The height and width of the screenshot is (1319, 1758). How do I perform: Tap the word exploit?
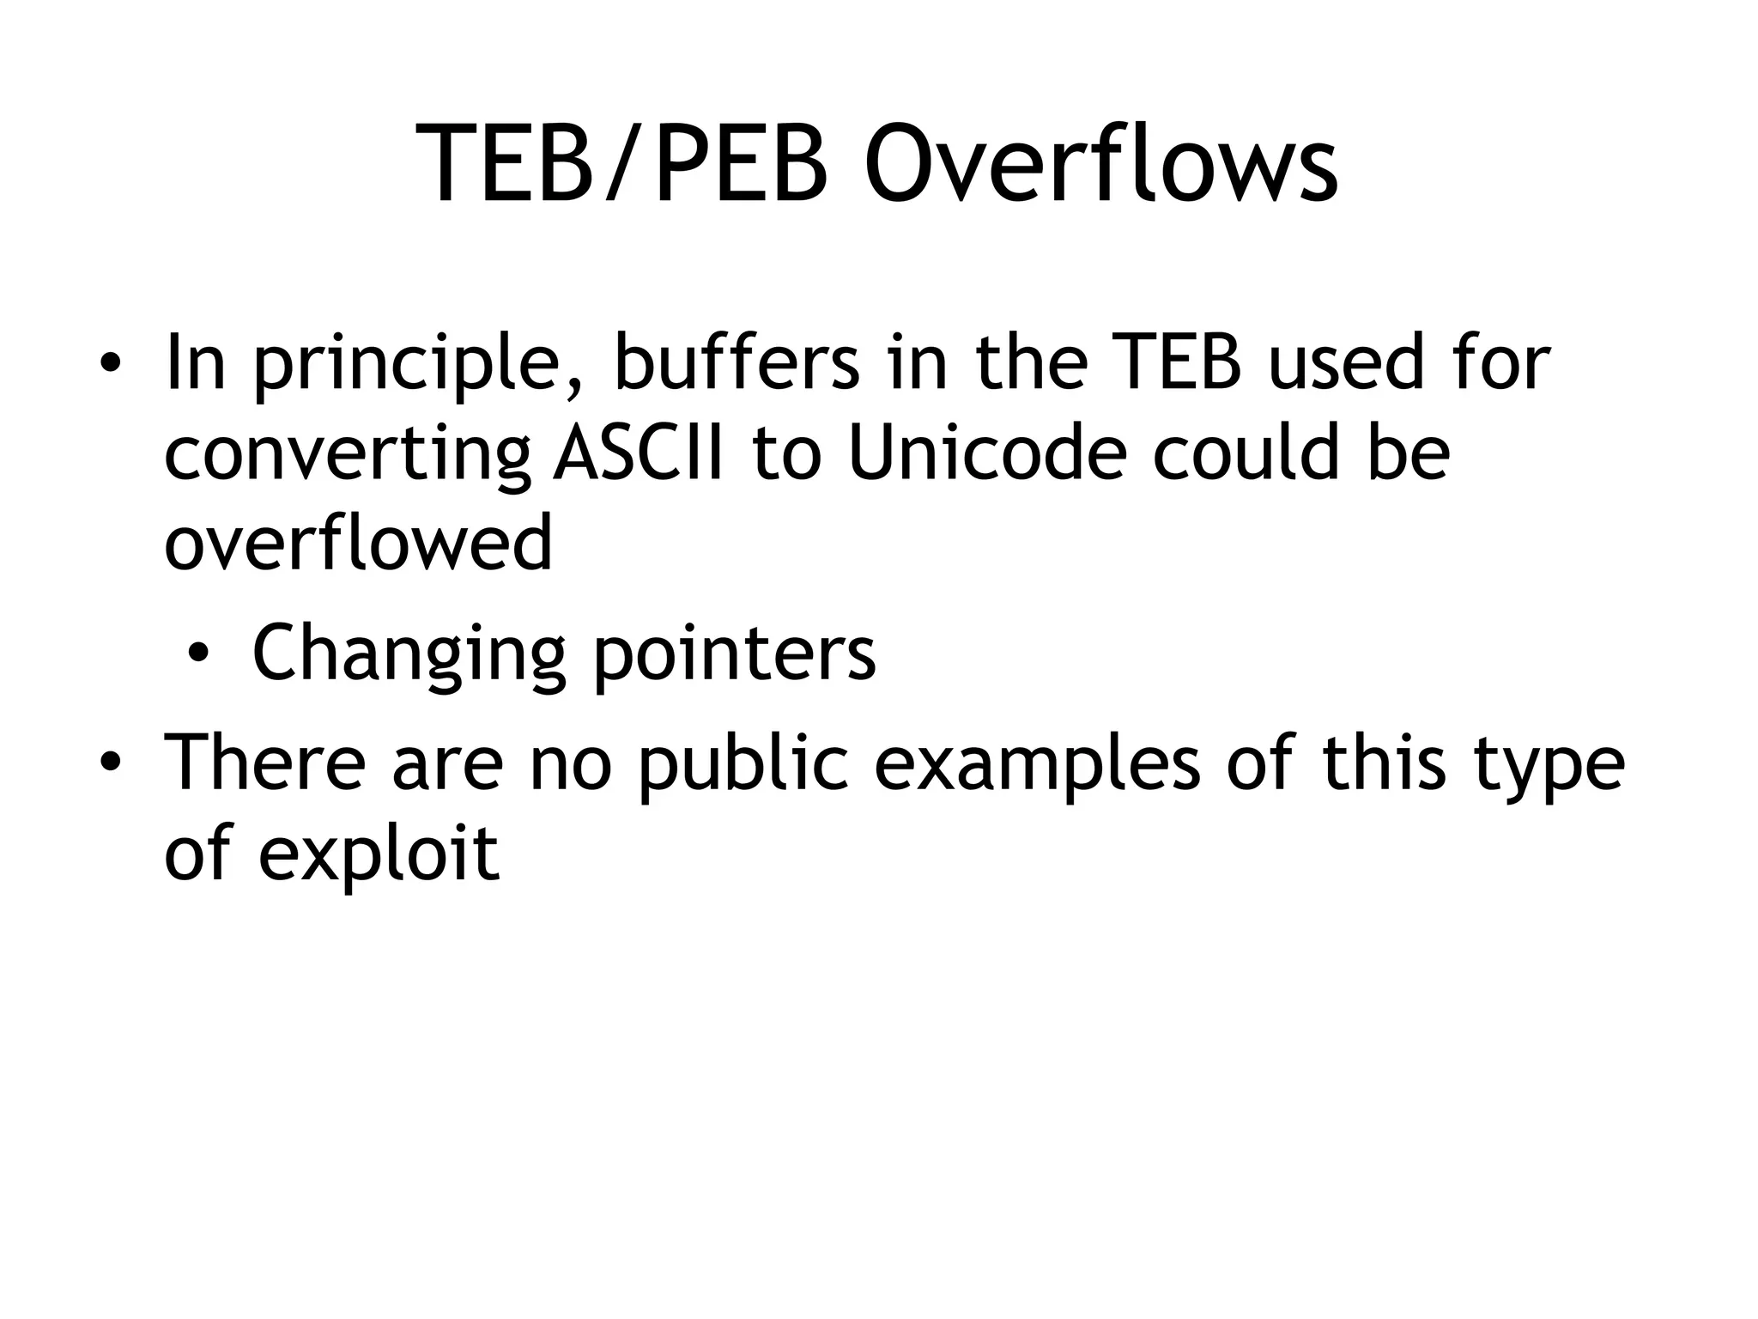378,855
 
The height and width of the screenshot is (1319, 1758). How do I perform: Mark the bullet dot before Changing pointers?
198,656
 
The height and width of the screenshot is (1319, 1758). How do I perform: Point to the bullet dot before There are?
109,764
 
